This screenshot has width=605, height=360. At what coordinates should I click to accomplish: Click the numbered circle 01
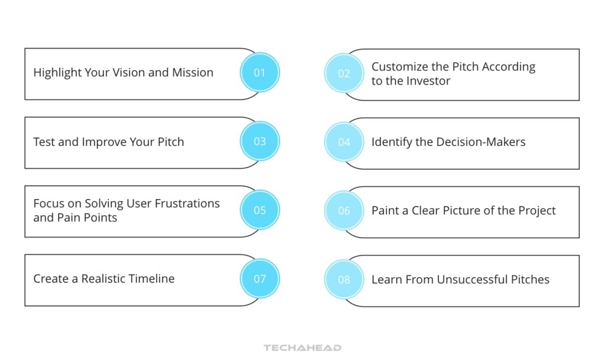pyautogui.click(x=260, y=73)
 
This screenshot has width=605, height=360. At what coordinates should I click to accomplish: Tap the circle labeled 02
pyautogui.click(x=344, y=73)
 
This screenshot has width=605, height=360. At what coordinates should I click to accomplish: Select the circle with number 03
pyautogui.click(x=260, y=141)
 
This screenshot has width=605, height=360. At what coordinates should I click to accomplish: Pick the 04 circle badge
pyautogui.click(x=344, y=142)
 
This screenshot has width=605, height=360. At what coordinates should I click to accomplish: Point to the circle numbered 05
pyautogui.click(x=260, y=210)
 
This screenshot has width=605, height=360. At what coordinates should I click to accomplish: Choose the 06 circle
pyautogui.click(x=344, y=210)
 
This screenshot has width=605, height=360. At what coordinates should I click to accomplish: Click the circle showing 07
pyautogui.click(x=260, y=279)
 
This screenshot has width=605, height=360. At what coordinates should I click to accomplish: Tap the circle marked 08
pyautogui.click(x=344, y=280)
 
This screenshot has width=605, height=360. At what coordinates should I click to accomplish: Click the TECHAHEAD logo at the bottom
pyautogui.click(x=302, y=348)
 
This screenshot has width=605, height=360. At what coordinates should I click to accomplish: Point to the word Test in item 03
pyautogui.click(x=44, y=142)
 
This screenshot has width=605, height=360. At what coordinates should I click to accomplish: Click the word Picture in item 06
pyautogui.click(x=436, y=210)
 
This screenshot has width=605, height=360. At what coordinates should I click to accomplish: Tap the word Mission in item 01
pyautogui.click(x=193, y=73)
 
